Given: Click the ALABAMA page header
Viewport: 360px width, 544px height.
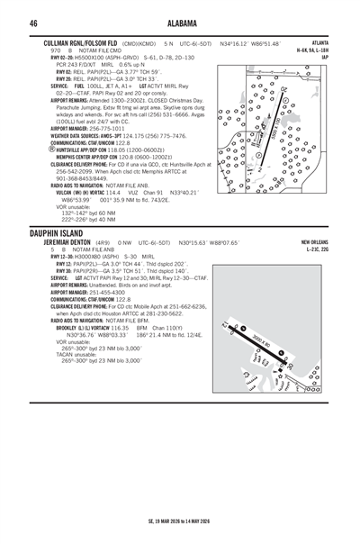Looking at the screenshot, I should point(179,23).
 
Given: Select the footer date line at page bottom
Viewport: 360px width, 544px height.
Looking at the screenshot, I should point(179,520).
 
